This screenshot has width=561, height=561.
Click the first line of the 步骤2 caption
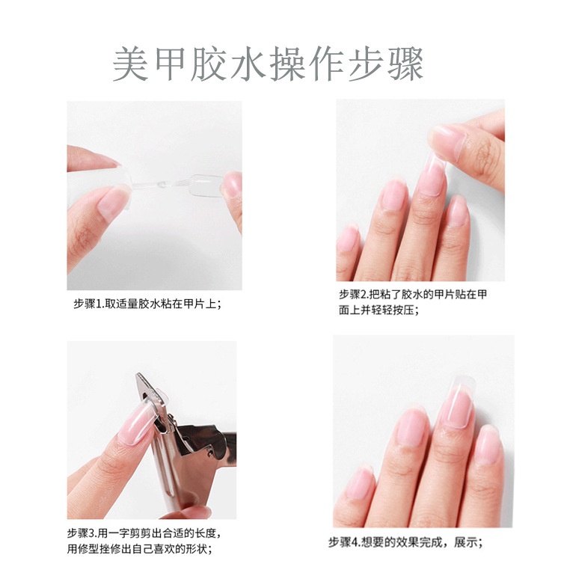tap(413, 295)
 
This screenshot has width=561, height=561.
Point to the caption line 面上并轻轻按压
tap(378, 310)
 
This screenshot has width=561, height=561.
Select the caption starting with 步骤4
tap(405, 542)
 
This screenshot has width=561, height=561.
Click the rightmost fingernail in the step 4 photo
tap(488, 443)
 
